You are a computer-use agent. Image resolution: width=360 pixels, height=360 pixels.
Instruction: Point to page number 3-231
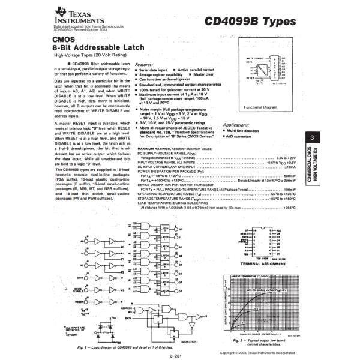point(176,355)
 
